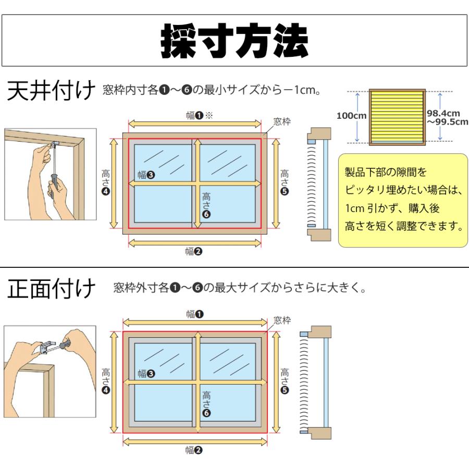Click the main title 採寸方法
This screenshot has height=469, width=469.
click(234, 41)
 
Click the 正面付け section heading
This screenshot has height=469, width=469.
click(51, 288)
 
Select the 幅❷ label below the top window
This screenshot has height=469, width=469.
click(194, 252)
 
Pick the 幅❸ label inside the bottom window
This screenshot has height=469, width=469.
click(145, 373)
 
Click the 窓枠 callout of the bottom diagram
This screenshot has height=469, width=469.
click(282, 320)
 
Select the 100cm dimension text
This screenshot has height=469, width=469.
click(352, 116)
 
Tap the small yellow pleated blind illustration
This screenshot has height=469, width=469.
click(398, 116)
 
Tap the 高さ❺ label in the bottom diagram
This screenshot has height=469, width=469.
click(285, 380)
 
